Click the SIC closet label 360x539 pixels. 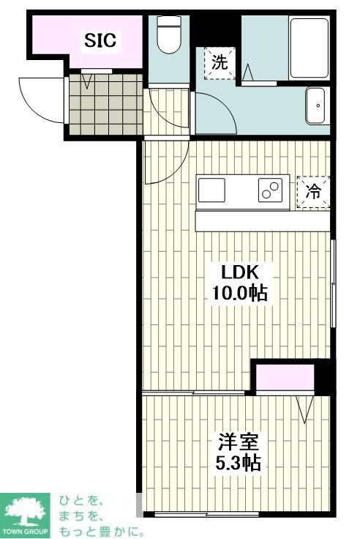click(100, 40)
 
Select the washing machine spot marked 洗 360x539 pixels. click(220, 62)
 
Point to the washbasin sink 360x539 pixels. click(318, 106)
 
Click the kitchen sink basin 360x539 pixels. click(212, 190)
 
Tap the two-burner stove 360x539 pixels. click(269, 190)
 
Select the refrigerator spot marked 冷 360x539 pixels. click(313, 193)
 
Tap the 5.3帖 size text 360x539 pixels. click(237, 463)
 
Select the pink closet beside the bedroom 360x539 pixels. click(285, 378)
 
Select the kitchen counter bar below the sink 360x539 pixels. click(263, 221)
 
